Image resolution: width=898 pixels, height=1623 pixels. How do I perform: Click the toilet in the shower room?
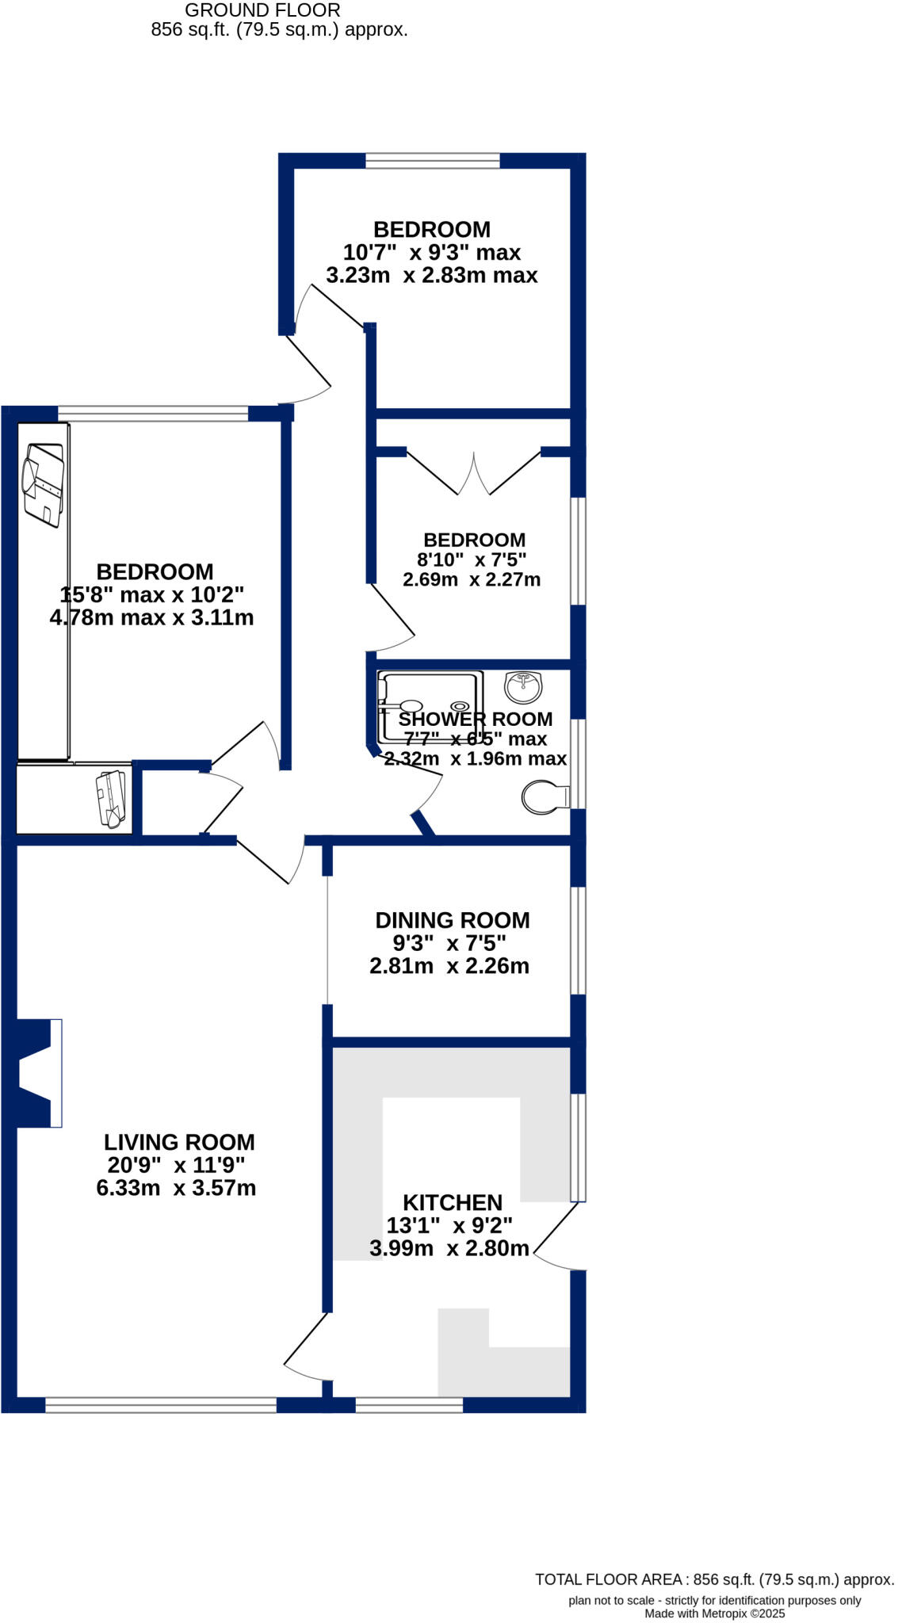[x=545, y=797]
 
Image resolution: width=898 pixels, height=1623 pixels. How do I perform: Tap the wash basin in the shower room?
[x=524, y=686]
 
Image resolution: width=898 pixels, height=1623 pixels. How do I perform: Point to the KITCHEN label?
[x=453, y=1203]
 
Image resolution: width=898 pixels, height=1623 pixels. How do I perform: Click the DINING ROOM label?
[x=452, y=921]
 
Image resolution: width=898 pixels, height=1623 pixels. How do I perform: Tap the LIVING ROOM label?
[x=179, y=1143]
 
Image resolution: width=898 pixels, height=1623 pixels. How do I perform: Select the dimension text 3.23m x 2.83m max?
[x=432, y=276]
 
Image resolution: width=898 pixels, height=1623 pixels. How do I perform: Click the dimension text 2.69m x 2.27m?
[x=472, y=580]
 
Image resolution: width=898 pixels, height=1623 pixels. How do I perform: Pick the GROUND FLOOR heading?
[x=262, y=11]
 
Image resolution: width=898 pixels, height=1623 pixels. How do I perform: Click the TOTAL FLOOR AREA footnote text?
[x=714, y=1579]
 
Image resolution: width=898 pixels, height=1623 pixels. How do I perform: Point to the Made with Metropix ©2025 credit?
[x=714, y=1613]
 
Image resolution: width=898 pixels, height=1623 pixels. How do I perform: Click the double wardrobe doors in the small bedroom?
[x=474, y=474]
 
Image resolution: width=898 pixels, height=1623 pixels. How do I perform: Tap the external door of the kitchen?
[x=558, y=1235]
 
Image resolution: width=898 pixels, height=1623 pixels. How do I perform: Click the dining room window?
[x=579, y=940]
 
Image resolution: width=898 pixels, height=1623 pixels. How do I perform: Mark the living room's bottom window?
[x=161, y=1405]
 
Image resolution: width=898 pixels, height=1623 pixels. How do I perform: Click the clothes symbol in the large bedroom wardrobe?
[x=44, y=485]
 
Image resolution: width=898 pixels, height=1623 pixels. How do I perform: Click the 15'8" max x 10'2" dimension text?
[x=152, y=595]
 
